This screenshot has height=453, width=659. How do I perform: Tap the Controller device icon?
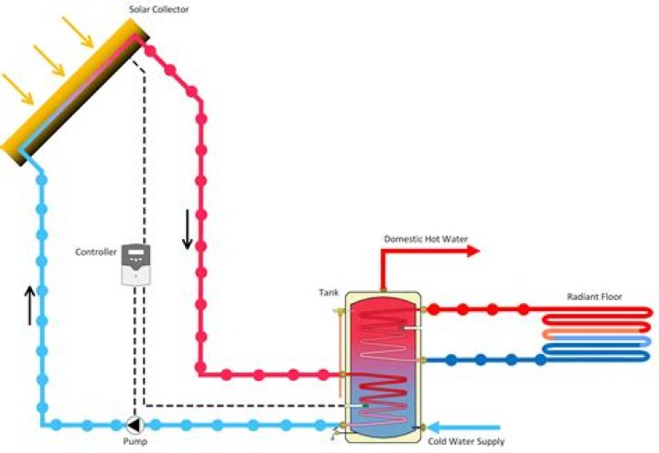(136, 264)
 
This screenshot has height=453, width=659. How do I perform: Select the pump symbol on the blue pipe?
(135, 425)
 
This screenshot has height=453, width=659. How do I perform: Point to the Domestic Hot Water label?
(426, 239)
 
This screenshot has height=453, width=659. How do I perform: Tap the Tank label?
(329, 292)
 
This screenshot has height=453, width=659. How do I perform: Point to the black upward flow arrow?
(28, 305)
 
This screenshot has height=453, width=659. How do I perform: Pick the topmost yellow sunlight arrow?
(80, 30)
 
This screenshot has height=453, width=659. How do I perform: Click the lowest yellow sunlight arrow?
(19, 89)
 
